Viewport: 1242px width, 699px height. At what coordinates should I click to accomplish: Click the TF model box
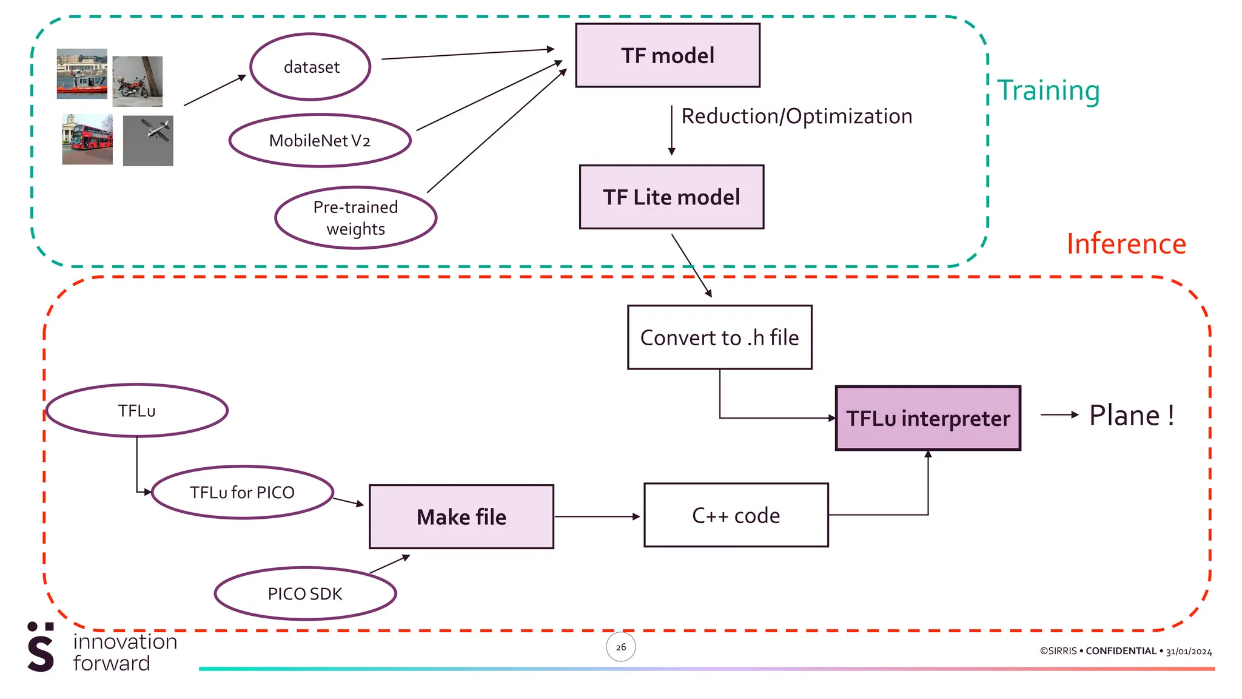click(x=667, y=55)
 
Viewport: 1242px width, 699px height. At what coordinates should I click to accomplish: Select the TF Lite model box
click(x=671, y=197)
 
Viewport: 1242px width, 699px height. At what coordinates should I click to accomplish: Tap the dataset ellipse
click(x=310, y=67)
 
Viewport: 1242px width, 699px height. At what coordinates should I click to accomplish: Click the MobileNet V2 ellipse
click(x=320, y=140)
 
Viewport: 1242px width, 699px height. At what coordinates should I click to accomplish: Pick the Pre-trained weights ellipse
click(x=355, y=218)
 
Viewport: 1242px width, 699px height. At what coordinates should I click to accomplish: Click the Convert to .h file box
click(x=719, y=337)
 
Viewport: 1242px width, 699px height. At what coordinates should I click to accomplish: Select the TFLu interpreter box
click(x=928, y=418)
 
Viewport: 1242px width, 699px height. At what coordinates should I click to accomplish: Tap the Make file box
click(x=461, y=517)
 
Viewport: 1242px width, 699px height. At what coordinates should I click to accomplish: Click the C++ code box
click(x=736, y=515)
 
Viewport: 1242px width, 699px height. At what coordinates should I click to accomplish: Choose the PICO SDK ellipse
click(x=305, y=593)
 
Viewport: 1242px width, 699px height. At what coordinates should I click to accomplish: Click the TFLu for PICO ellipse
click(x=242, y=492)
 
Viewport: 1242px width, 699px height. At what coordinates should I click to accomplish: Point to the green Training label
click(x=1048, y=90)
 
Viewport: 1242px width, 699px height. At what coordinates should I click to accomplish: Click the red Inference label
click(x=1126, y=244)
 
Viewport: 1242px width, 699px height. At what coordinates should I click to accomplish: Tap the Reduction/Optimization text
click(x=796, y=116)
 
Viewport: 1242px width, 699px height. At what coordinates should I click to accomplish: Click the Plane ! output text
click(x=1132, y=416)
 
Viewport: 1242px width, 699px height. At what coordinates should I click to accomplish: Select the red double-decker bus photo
click(x=87, y=139)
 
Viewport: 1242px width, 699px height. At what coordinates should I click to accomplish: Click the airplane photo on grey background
click(x=148, y=140)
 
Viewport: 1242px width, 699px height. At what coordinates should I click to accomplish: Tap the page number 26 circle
click(x=620, y=647)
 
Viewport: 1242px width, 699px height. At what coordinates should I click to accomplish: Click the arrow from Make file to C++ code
click(x=597, y=517)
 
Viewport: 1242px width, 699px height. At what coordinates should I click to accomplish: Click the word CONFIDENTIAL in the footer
click(x=1121, y=651)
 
